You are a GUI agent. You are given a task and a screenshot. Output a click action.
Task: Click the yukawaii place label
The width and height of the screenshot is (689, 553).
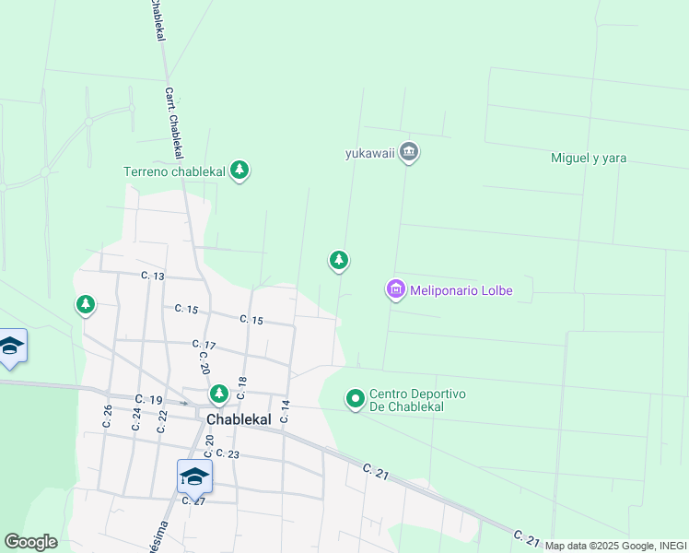pos(370,153)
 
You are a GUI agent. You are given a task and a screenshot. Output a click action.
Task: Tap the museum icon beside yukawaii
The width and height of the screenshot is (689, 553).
pos(410,152)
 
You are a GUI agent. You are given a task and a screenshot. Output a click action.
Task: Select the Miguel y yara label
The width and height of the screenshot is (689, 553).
pos(589,158)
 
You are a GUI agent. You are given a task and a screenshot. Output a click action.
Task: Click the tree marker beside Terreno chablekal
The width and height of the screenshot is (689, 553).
pos(239,170)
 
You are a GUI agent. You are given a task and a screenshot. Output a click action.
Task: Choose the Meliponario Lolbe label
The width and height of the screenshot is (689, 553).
pos(461,290)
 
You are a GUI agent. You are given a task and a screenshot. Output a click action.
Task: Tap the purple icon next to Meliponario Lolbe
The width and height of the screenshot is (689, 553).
pos(396,290)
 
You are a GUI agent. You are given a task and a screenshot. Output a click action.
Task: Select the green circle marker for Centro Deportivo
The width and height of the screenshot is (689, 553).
pos(356,399)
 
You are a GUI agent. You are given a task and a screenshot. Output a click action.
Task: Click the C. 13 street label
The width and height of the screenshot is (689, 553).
pos(153,276)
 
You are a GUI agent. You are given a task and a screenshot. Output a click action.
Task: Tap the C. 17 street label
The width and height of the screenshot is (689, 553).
pos(204,345)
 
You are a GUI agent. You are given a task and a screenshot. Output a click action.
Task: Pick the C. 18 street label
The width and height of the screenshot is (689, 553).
pos(242,387)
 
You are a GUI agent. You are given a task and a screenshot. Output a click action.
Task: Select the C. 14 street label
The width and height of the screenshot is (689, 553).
pos(286,411)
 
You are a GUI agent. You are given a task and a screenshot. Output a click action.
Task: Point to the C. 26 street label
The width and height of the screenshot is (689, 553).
pos(108,416)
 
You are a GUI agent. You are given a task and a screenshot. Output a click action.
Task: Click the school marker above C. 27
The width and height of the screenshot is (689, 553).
pos(194,476)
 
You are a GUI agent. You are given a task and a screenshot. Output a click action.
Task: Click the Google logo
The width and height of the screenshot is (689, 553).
pos(30,542)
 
